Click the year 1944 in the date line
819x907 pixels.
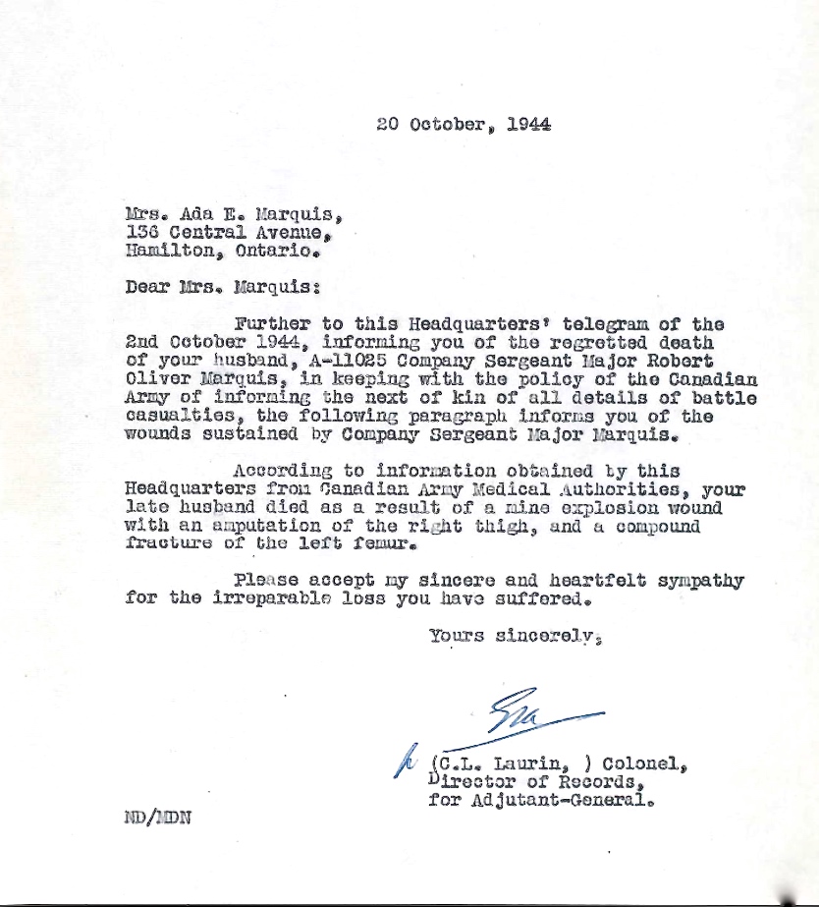[x=529, y=125]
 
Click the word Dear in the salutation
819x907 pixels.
[x=146, y=288]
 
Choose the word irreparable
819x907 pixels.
[x=269, y=599]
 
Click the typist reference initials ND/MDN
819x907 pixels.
[x=158, y=818]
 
